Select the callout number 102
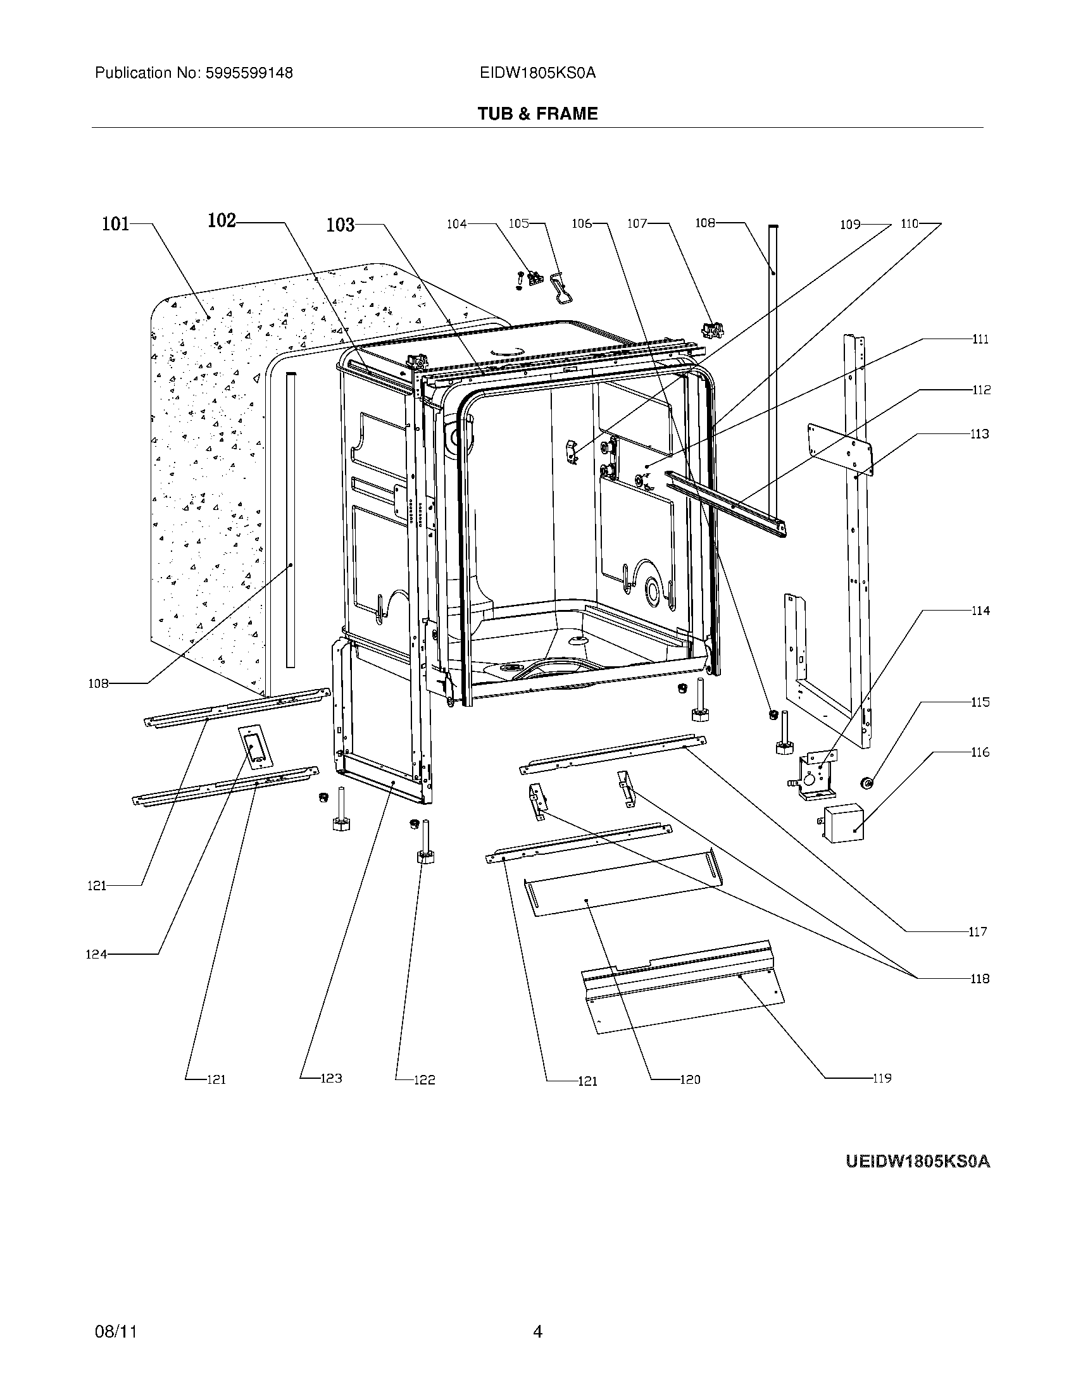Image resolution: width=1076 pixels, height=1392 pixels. coord(222,221)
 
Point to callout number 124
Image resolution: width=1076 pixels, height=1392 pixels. coord(96,954)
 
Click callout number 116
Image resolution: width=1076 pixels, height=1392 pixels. coord(980,752)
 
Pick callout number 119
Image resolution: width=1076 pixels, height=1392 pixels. coord(882,1078)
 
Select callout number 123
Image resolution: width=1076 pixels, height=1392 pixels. coord(331,1078)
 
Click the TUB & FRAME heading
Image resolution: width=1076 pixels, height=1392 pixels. coord(537,113)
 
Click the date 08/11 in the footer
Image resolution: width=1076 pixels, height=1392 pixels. coord(115,1331)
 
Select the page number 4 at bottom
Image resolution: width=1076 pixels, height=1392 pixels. coord(537,1331)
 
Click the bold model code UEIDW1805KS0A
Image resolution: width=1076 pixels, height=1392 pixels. coord(917,1161)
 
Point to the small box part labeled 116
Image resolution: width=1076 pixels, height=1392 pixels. coord(842,823)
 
